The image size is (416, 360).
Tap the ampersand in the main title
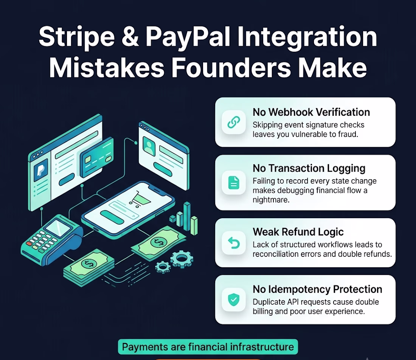click(130, 36)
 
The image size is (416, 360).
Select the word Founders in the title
click(231, 67)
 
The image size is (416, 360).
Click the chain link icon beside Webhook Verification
click(234, 122)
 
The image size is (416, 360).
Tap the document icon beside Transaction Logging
click(234, 183)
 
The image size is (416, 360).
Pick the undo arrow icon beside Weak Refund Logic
click(234, 243)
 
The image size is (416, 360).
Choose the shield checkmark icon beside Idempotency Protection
click(234, 299)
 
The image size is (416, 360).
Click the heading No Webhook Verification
click(311, 112)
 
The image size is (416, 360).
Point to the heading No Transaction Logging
click(309, 168)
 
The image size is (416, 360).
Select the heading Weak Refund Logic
click(298, 232)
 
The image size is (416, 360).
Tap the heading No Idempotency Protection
click(317, 289)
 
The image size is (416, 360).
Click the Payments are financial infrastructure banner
click(208, 347)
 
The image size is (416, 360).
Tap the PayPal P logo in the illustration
click(41, 169)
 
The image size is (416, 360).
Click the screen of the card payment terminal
click(58, 227)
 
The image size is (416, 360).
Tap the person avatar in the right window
click(149, 146)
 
